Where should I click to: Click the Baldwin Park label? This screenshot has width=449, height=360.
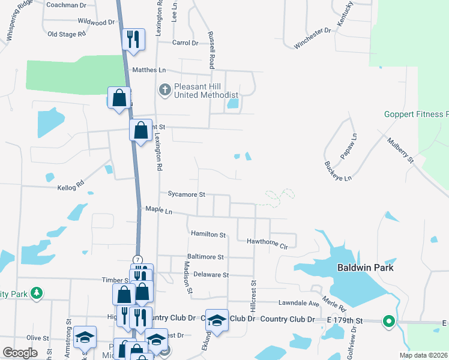click(x=365, y=268)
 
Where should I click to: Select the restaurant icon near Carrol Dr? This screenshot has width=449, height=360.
click(x=132, y=40)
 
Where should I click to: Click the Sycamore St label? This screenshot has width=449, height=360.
click(x=187, y=194)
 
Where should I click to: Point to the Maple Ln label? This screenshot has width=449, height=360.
click(x=158, y=211)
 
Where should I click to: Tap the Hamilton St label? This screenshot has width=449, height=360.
click(x=208, y=234)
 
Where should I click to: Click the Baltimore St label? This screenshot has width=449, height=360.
click(x=205, y=256)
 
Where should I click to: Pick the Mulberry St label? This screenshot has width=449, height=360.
click(x=400, y=150)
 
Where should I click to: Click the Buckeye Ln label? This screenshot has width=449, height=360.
click(x=338, y=171)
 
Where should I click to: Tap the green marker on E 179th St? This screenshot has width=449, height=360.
click(x=388, y=322)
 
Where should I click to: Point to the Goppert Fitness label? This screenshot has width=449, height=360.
click(x=416, y=114)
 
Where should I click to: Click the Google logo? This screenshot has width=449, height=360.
click(x=20, y=353)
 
